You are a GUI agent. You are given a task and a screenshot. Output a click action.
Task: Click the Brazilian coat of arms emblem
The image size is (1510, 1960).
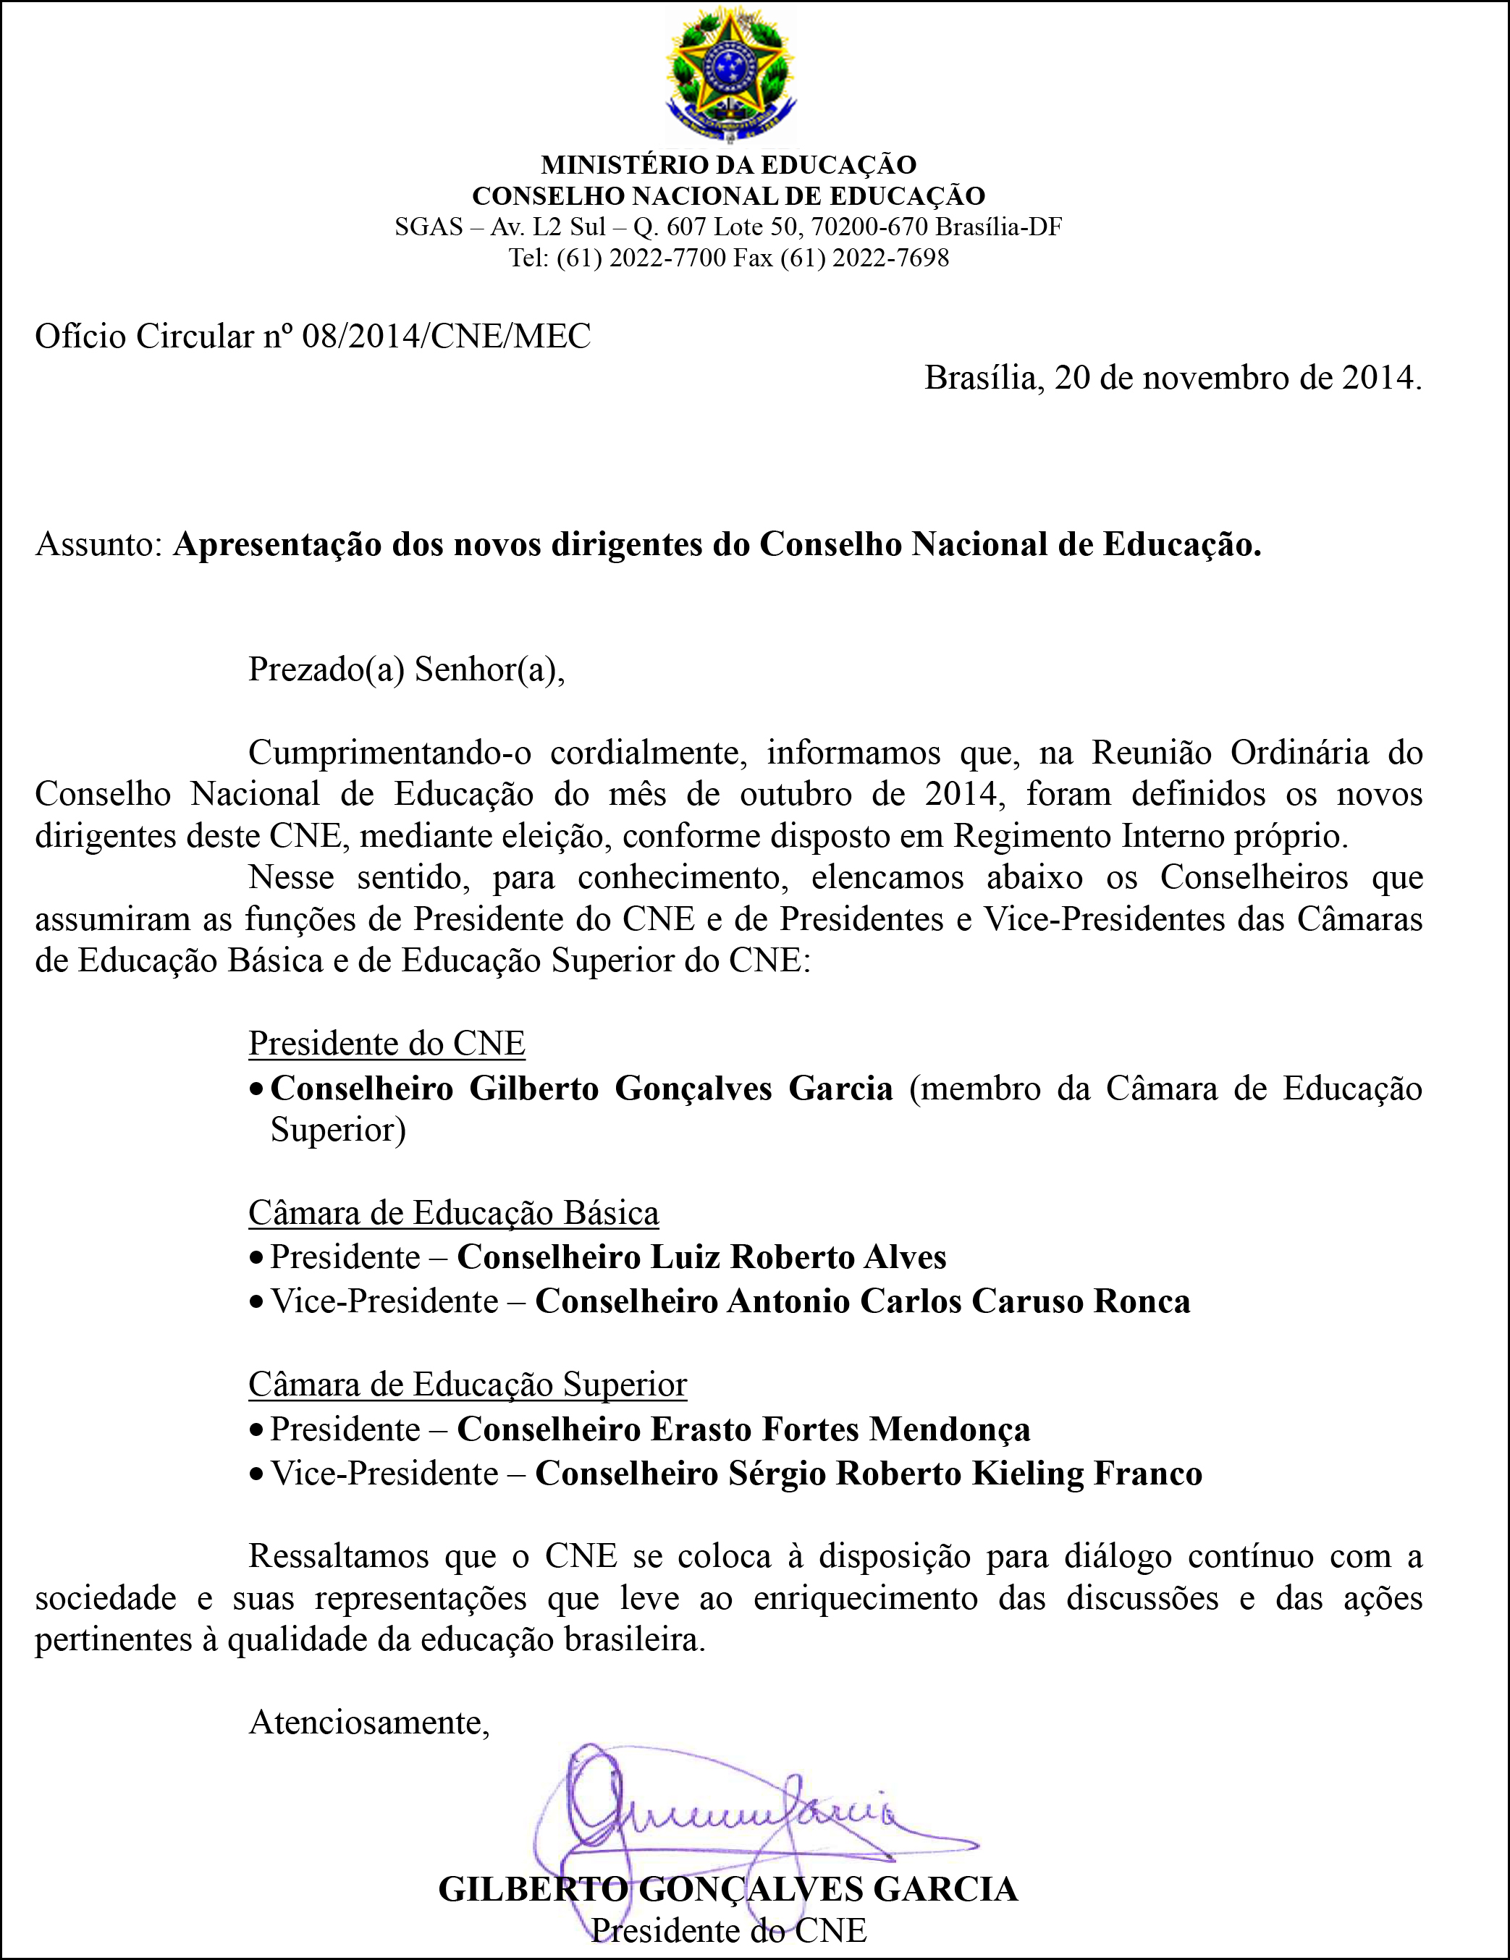tap(729, 74)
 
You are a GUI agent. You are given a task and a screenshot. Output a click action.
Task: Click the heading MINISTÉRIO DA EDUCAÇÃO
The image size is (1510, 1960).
tap(728, 165)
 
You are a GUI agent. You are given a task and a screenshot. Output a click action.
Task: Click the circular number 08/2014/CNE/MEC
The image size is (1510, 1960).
tap(446, 337)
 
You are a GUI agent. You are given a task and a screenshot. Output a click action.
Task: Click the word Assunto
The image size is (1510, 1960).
tap(97, 545)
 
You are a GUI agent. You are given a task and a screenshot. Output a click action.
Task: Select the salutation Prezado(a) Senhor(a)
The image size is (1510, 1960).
tap(406, 669)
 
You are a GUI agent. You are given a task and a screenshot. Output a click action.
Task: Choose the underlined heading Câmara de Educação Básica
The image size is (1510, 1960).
tap(453, 1212)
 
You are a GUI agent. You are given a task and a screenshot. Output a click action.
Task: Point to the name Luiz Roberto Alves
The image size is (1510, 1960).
tap(798, 1257)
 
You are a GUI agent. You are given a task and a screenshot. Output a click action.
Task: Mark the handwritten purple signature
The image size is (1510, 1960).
tap(727, 1813)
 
